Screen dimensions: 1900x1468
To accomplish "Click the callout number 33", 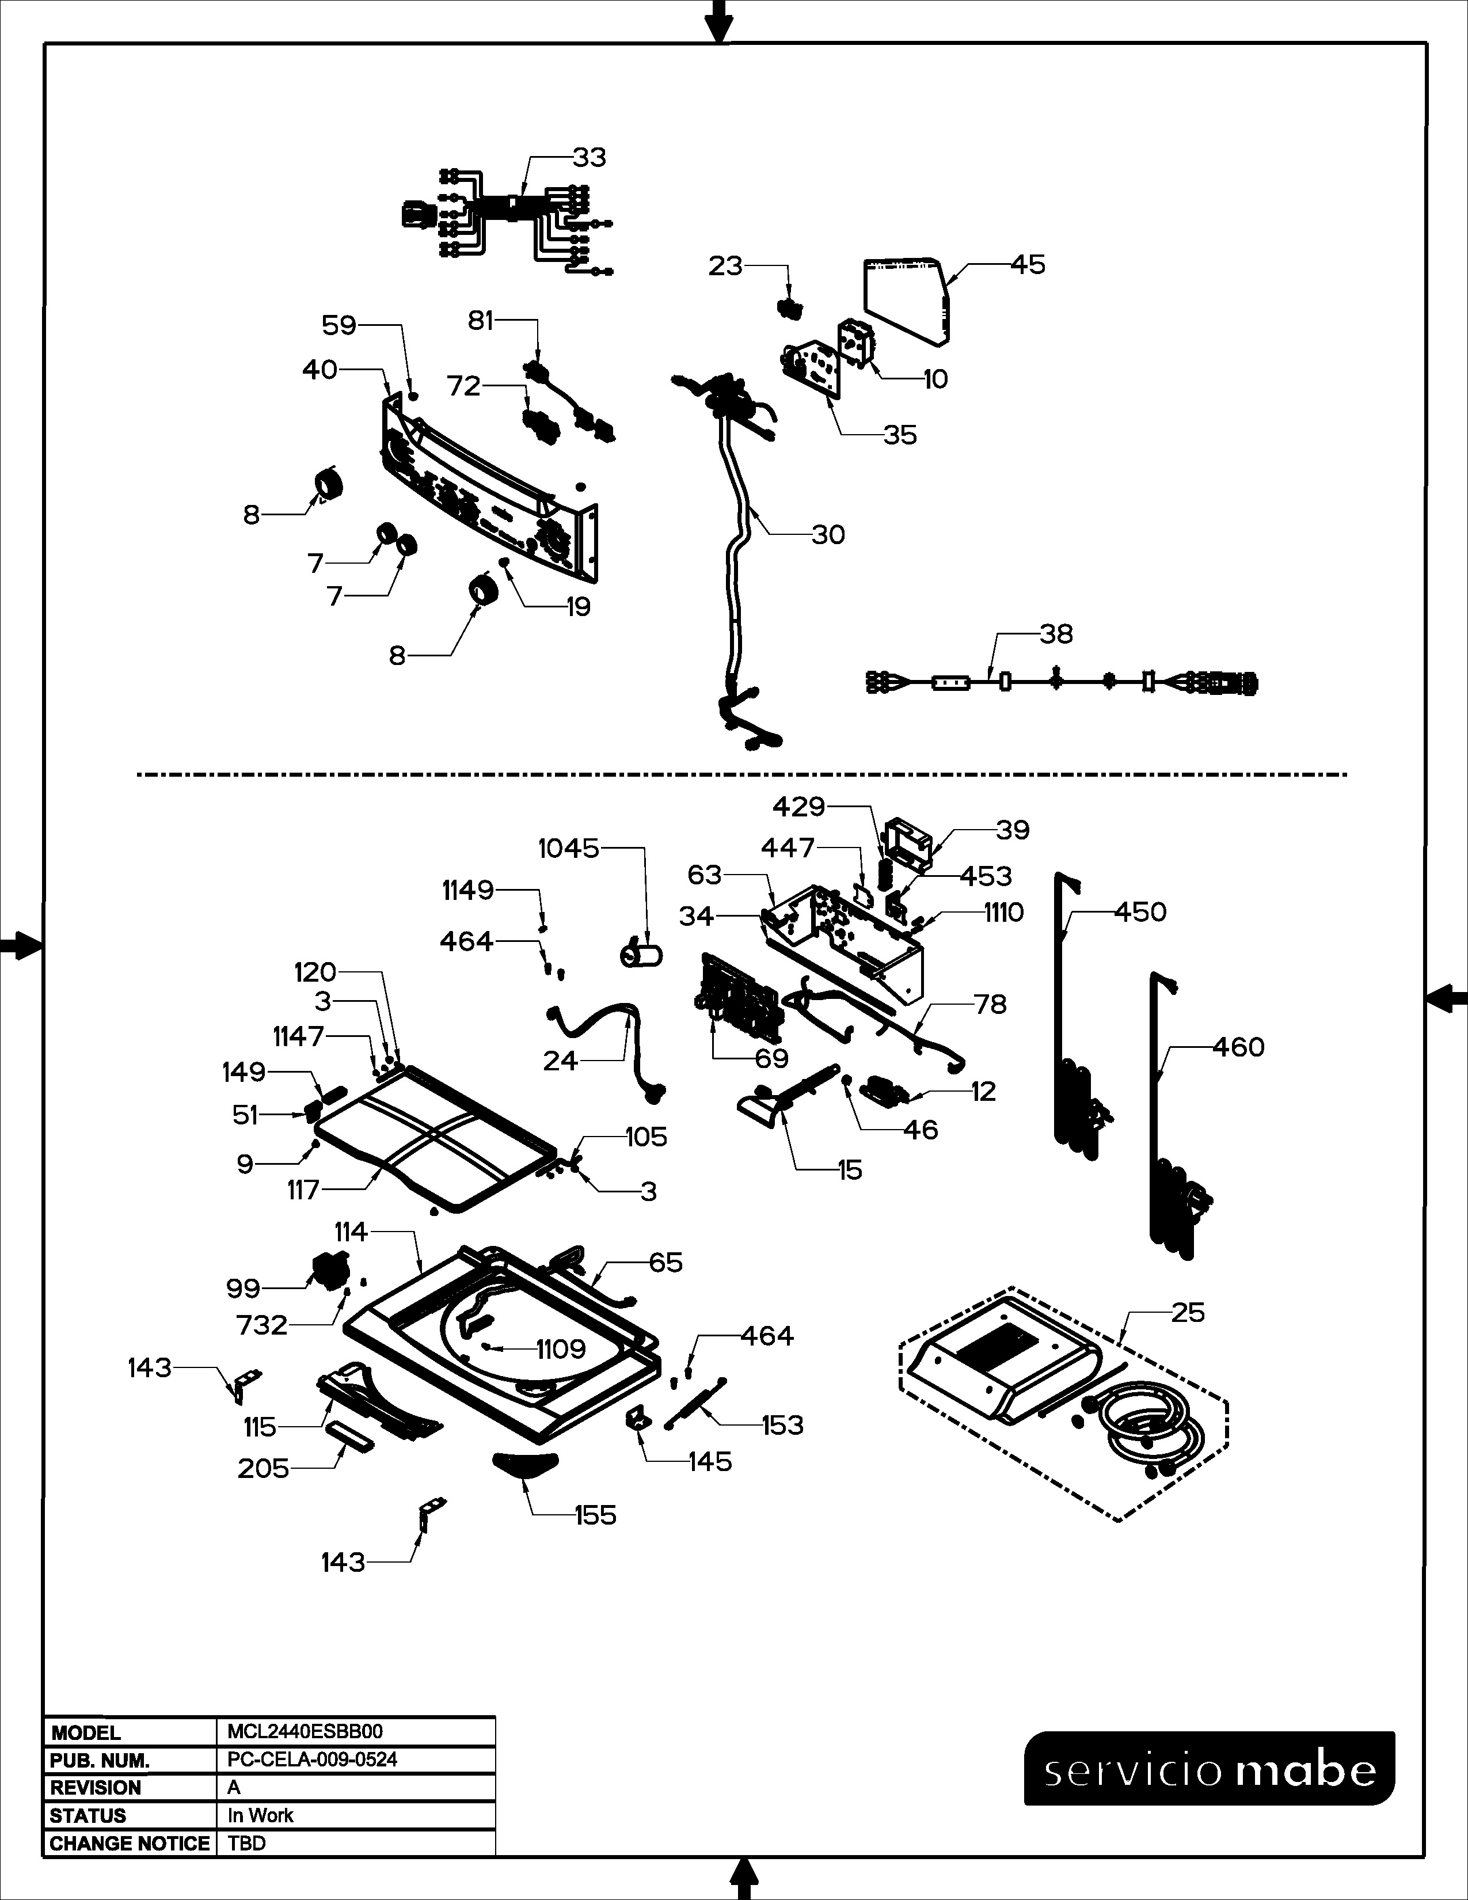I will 589,157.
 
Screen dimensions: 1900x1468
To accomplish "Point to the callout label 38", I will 1056,634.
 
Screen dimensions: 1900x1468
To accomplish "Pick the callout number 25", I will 1188,1312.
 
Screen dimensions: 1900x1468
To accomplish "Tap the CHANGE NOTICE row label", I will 130,1844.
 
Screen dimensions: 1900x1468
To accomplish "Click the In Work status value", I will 260,1815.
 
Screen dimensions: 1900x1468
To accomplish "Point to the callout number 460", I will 1238,1047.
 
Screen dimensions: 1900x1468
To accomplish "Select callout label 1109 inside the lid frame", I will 561,1350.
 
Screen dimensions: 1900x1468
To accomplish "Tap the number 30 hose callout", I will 828,535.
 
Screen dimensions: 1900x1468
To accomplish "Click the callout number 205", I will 263,1469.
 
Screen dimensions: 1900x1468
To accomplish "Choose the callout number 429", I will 798,807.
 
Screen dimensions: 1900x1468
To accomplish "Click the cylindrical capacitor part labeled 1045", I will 641,955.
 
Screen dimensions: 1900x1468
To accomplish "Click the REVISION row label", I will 96,1788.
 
